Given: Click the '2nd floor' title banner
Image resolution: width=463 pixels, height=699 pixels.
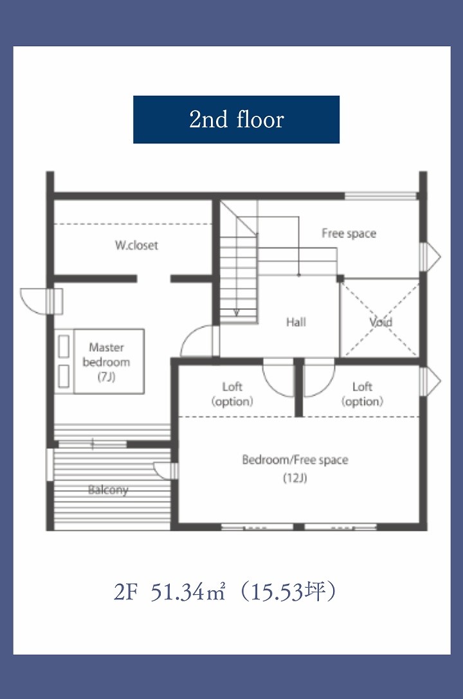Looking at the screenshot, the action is tap(236, 120).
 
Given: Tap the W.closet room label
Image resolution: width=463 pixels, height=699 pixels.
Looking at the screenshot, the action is tap(136, 245).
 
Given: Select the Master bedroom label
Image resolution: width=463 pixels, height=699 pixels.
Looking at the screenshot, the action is tap(106, 354).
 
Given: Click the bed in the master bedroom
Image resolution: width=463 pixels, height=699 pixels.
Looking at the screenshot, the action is tap(100, 361).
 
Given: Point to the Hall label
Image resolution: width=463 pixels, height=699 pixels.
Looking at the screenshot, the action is tap(296, 322).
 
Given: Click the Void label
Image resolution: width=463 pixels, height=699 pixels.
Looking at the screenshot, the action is tap(381, 322).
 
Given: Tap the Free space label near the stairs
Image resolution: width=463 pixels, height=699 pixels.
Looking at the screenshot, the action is tap(349, 233).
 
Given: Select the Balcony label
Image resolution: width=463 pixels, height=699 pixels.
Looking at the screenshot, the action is tap(108, 490).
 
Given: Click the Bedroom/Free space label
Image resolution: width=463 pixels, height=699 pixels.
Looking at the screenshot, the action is tap(295, 460).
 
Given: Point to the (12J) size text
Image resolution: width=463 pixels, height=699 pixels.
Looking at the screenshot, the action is tap(295, 478).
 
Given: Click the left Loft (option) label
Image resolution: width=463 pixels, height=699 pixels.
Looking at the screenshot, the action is tap(232, 394).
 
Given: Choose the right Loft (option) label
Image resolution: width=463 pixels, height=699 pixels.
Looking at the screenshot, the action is tap(362, 394).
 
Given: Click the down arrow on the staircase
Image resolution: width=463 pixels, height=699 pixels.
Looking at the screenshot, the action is tap(236, 312).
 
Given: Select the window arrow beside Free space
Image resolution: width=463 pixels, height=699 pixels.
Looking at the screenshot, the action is tap(430, 257).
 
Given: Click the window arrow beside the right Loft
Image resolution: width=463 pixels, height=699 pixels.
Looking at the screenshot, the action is tap(430, 381).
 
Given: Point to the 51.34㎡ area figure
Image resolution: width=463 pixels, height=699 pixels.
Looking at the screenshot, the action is tap(188, 592).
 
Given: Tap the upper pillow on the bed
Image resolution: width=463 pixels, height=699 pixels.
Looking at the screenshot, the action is tap(64, 346).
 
